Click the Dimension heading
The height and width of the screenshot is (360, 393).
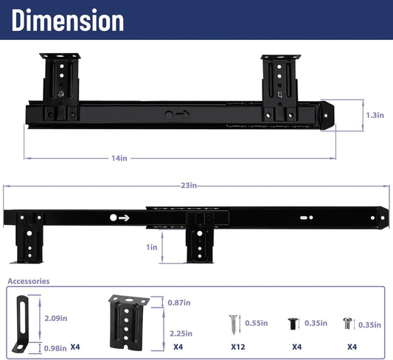68,20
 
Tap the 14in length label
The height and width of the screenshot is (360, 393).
119,158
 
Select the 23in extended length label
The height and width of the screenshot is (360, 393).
189,185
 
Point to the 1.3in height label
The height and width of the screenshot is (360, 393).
375,115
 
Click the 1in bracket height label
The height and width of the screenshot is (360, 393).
152,247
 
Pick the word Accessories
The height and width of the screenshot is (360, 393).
29,281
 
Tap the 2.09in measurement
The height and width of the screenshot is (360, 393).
56,318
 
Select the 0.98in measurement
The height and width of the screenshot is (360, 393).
55,348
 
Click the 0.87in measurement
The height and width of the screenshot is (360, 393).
179,302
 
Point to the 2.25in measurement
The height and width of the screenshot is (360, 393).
181,333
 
